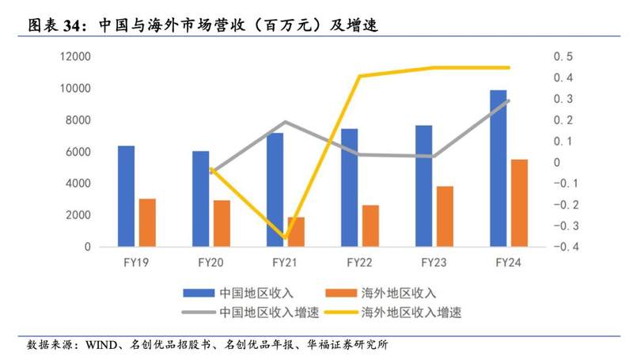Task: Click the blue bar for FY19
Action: (126, 196)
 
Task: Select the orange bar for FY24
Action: (518, 203)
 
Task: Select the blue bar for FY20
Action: (201, 199)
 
